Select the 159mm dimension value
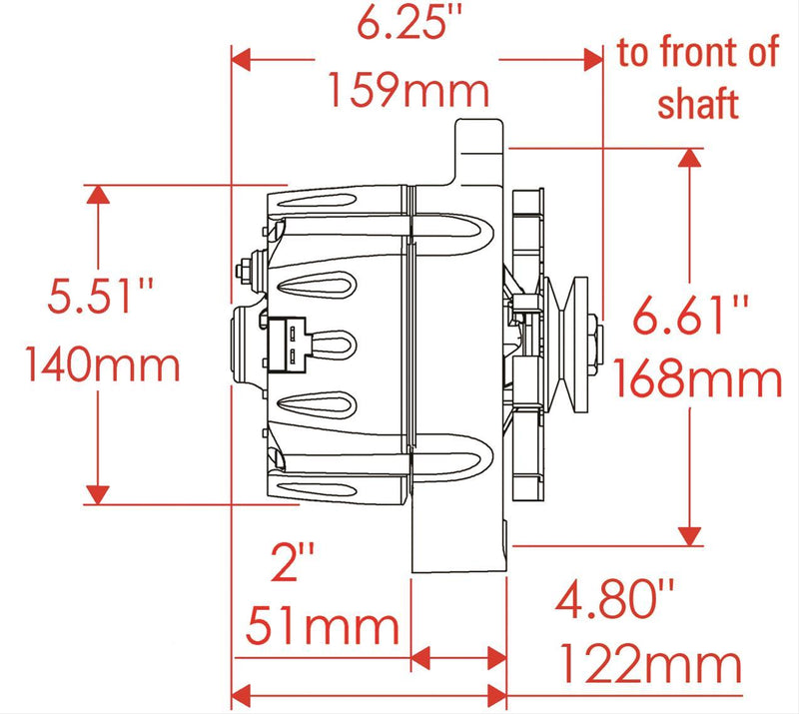409,92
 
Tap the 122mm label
650,663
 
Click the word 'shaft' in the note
697,102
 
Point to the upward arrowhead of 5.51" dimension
97,196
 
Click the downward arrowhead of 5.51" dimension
97,492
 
